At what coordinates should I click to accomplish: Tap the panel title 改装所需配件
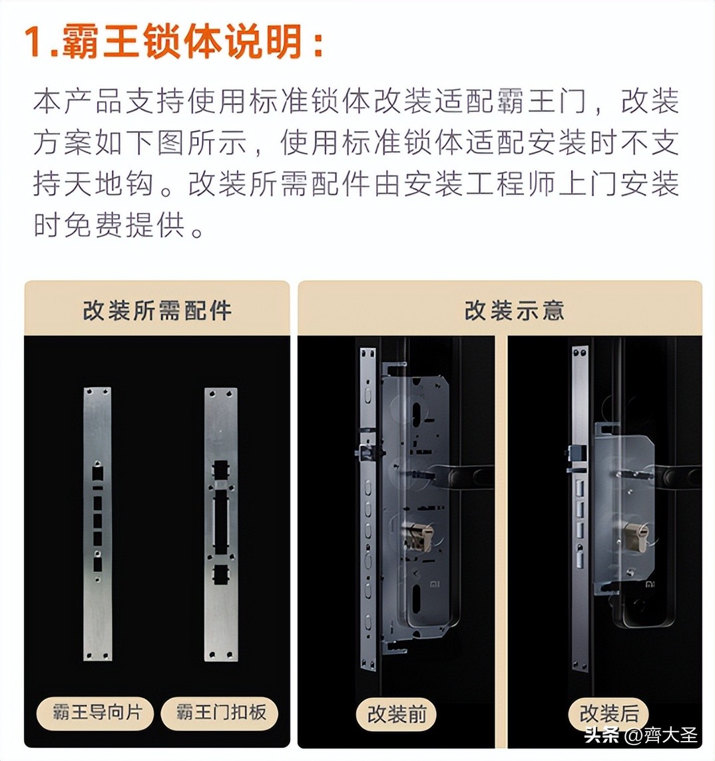[x=157, y=311]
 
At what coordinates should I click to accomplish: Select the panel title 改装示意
[x=514, y=311]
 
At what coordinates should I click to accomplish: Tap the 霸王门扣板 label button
[x=221, y=712]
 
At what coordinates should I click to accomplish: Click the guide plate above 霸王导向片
[x=97, y=524]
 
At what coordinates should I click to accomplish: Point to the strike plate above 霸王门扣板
[x=220, y=524]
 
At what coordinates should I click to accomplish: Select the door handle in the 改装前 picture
[x=466, y=476]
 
